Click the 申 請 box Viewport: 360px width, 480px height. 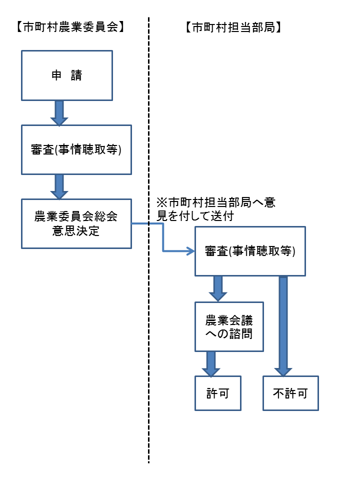(x=66, y=75)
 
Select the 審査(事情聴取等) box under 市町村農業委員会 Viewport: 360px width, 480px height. (x=76, y=150)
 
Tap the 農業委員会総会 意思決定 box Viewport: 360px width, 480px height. (x=76, y=223)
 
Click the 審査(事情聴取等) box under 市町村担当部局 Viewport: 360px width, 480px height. (x=249, y=251)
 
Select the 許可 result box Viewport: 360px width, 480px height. (x=218, y=393)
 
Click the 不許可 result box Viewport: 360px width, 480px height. (x=290, y=393)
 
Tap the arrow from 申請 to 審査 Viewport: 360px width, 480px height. (x=59, y=113)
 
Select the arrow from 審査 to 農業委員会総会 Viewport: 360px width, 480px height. (x=59, y=186)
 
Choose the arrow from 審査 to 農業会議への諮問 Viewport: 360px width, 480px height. (x=218, y=288)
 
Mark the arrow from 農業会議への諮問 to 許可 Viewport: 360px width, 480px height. (x=210, y=364)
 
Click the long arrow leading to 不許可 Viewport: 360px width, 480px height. (x=283, y=325)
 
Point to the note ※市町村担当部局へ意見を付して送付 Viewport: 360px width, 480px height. (x=215, y=209)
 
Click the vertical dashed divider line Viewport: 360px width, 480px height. (x=148, y=350)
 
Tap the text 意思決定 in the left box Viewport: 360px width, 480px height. (x=76, y=231)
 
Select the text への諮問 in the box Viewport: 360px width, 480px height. (x=228, y=334)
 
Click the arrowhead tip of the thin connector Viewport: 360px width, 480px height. (x=192, y=251)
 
